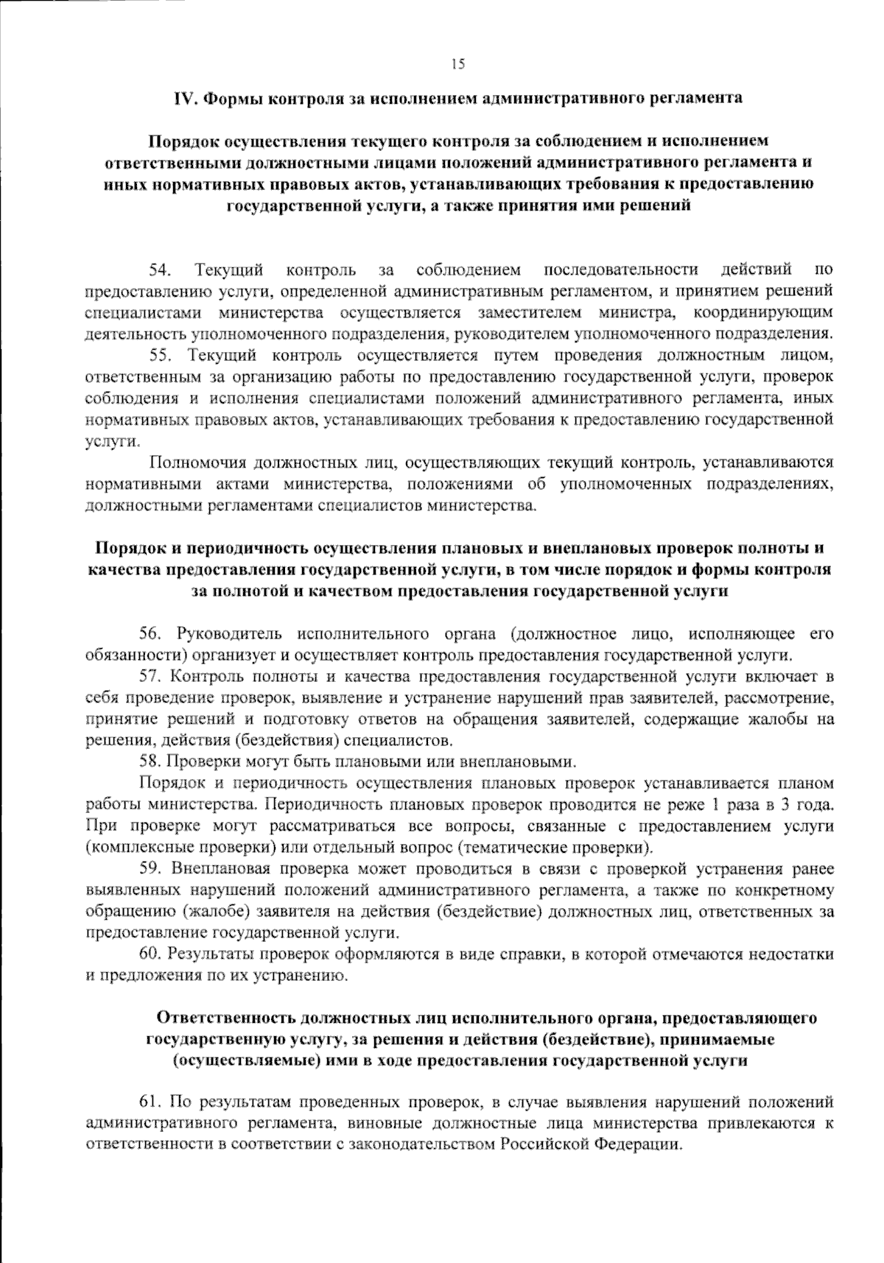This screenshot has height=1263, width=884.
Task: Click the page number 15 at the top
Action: (x=458, y=64)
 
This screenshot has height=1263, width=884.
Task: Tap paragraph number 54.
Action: (x=160, y=270)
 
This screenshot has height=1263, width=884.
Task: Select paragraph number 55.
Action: (x=161, y=356)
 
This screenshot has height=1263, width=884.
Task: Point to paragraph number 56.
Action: (x=150, y=633)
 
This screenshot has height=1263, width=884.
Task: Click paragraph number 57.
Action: (x=150, y=676)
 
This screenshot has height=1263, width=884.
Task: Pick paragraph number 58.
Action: (x=150, y=761)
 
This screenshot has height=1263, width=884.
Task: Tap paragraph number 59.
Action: (x=150, y=869)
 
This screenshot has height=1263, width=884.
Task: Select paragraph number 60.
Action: (x=150, y=954)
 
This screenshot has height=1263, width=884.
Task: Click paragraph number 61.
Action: (x=150, y=1102)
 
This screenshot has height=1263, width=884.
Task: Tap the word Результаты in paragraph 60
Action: (x=208, y=954)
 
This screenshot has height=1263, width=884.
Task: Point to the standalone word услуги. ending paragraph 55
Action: (x=112, y=441)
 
